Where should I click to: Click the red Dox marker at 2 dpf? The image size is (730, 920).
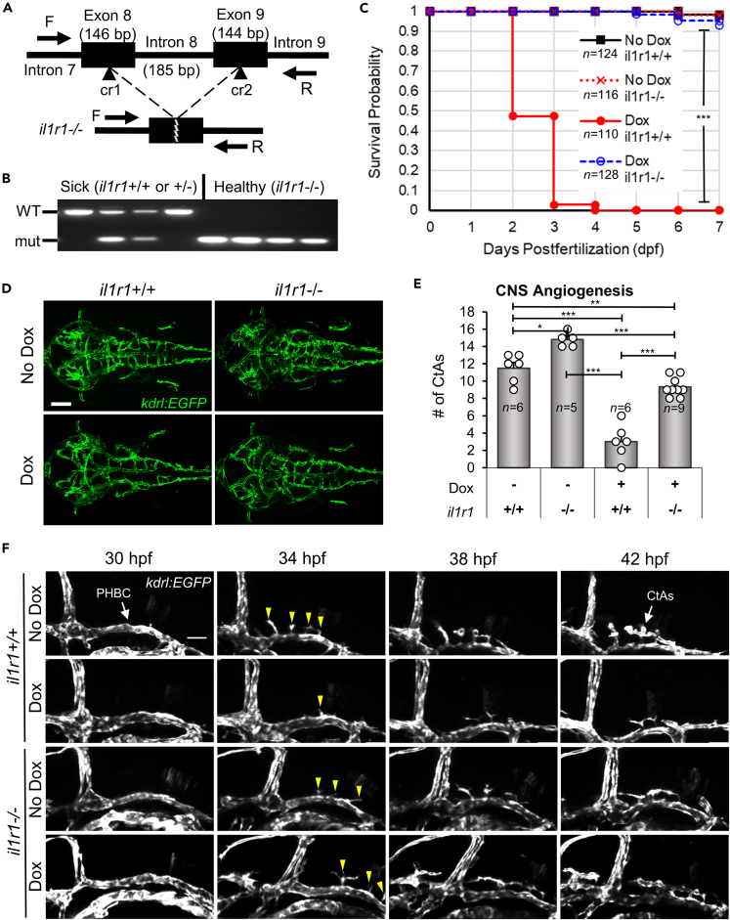tap(513, 116)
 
